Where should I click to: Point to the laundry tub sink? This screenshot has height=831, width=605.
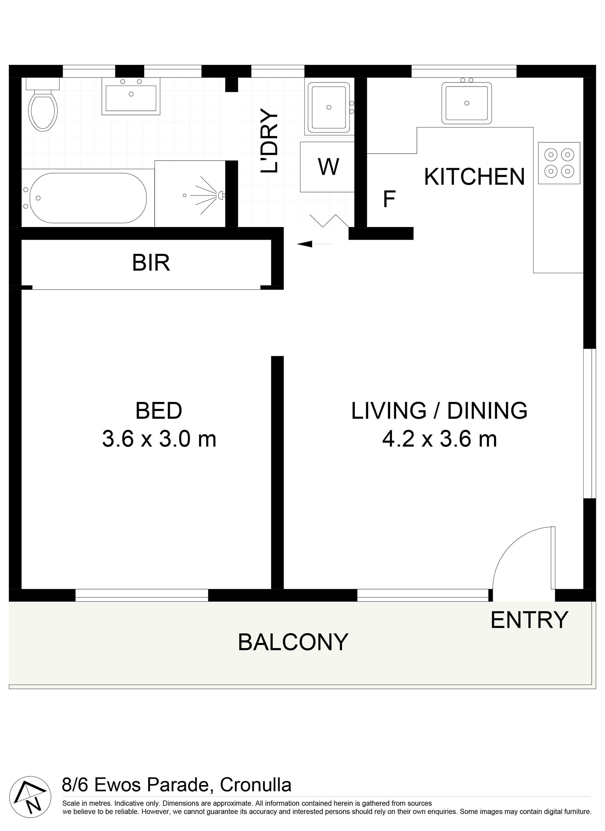(x=329, y=107)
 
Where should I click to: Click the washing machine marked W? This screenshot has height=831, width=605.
(x=327, y=167)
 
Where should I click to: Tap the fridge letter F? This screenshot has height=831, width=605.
(x=389, y=199)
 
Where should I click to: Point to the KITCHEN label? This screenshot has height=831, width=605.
(x=475, y=177)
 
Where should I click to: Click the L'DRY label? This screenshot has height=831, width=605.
(x=269, y=140)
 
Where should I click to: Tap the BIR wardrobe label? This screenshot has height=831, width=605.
(x=151, y=263)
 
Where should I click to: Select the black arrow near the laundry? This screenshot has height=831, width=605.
(x=314, y=244)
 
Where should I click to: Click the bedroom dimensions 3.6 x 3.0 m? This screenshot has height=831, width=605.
(x=159, y=439)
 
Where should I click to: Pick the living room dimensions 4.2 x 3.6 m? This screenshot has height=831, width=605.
(x=440, y=439)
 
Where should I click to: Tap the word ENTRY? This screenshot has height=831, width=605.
(x=529, y=620)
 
